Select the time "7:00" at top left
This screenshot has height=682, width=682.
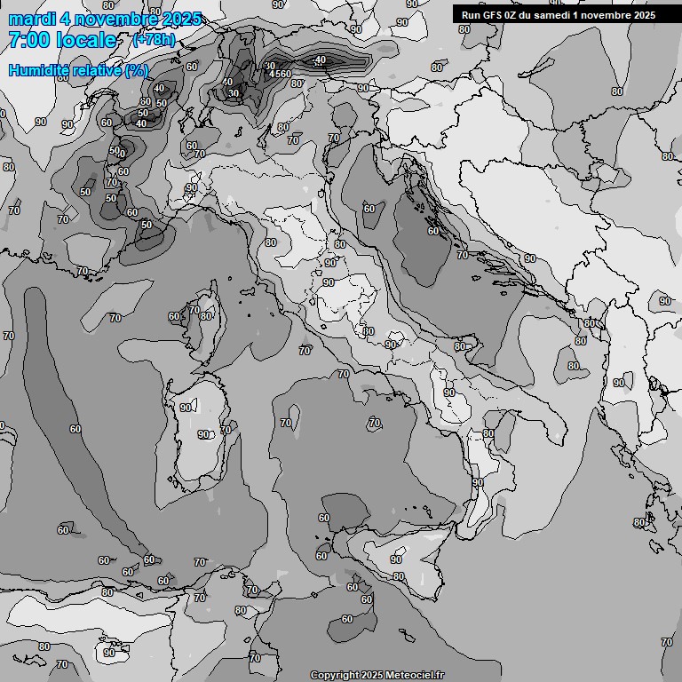pos(28,40)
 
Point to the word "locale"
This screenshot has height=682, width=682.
pos(85,40)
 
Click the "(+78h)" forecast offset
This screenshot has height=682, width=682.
pos(153,41)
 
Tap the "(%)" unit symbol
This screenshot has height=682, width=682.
pos(137,70)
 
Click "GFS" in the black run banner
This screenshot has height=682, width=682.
pos(503,14)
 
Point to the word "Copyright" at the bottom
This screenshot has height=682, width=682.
pos(336,675)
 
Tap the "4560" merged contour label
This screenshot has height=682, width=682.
pos(280,74)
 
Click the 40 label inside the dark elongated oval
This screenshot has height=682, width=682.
pos(321,59)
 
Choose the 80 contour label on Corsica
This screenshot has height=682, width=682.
pos(206,316)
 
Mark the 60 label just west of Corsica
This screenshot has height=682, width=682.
pos(174,317)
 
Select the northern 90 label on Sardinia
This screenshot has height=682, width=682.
pos(186,408)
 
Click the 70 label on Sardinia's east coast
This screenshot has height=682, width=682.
pos(226,430)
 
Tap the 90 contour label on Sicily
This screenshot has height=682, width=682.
pos(396,559)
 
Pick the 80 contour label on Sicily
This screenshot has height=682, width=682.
pos(399,576)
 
